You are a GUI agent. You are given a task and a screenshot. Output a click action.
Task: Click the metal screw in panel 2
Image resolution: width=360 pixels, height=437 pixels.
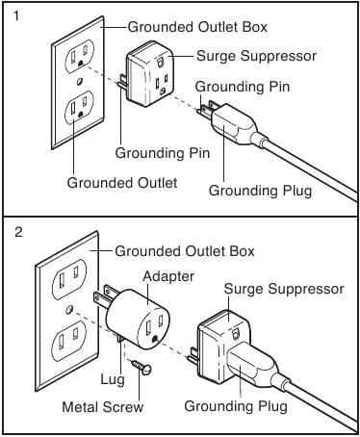[x=141, y=368]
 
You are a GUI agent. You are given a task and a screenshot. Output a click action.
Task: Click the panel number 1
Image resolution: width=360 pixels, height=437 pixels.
[x=17, y=15]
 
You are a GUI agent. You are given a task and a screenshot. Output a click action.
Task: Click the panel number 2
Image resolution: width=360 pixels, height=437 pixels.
[x=18, y=232]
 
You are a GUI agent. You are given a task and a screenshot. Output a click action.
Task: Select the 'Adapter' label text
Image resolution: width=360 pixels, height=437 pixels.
[x=168, y=276]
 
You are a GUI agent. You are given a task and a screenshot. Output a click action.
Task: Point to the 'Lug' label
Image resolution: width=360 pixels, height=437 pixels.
[x=113, y=379]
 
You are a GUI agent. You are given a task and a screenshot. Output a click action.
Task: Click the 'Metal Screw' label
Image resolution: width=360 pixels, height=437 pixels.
[x=103, y=407]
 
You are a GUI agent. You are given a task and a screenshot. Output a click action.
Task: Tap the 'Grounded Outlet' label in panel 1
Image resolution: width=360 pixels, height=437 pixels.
[x=122, y=183]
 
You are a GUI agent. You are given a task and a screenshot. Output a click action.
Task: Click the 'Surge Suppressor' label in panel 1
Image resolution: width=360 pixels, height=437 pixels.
[x=256, y=56]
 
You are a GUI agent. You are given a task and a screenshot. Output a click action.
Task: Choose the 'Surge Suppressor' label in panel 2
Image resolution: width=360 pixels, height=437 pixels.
[x=284, y=289]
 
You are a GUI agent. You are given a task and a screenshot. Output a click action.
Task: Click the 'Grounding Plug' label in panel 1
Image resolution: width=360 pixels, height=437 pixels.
[x=260, y=191]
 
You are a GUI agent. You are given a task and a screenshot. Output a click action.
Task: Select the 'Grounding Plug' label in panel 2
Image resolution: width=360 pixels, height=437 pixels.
[x=236, y=406]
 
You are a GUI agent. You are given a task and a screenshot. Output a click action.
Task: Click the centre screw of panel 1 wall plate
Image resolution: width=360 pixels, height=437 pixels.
[x=80, y=81]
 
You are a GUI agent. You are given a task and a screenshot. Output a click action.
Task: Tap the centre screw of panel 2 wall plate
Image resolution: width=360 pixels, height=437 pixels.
[x=68, y=310]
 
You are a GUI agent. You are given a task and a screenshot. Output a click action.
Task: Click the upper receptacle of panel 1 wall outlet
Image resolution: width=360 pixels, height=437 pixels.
[x=79, y=57]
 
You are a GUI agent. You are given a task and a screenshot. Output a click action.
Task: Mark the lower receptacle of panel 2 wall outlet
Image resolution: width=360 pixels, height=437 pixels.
[x=69, y=340]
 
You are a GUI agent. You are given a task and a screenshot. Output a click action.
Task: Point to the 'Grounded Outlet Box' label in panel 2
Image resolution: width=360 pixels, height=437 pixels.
[x=185, y=251]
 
